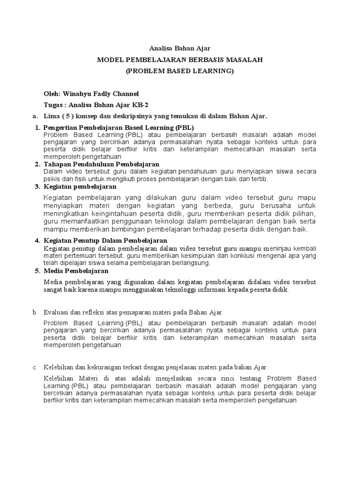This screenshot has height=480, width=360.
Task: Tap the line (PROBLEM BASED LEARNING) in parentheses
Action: tap(180, 71)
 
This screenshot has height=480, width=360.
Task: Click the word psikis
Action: tap(52, 179)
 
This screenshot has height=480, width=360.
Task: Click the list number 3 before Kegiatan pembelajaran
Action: tap(37, 187)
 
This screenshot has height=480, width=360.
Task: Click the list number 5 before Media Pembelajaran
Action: tap(37, 271)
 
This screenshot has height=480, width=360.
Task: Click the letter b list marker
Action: tap(34, 312)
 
